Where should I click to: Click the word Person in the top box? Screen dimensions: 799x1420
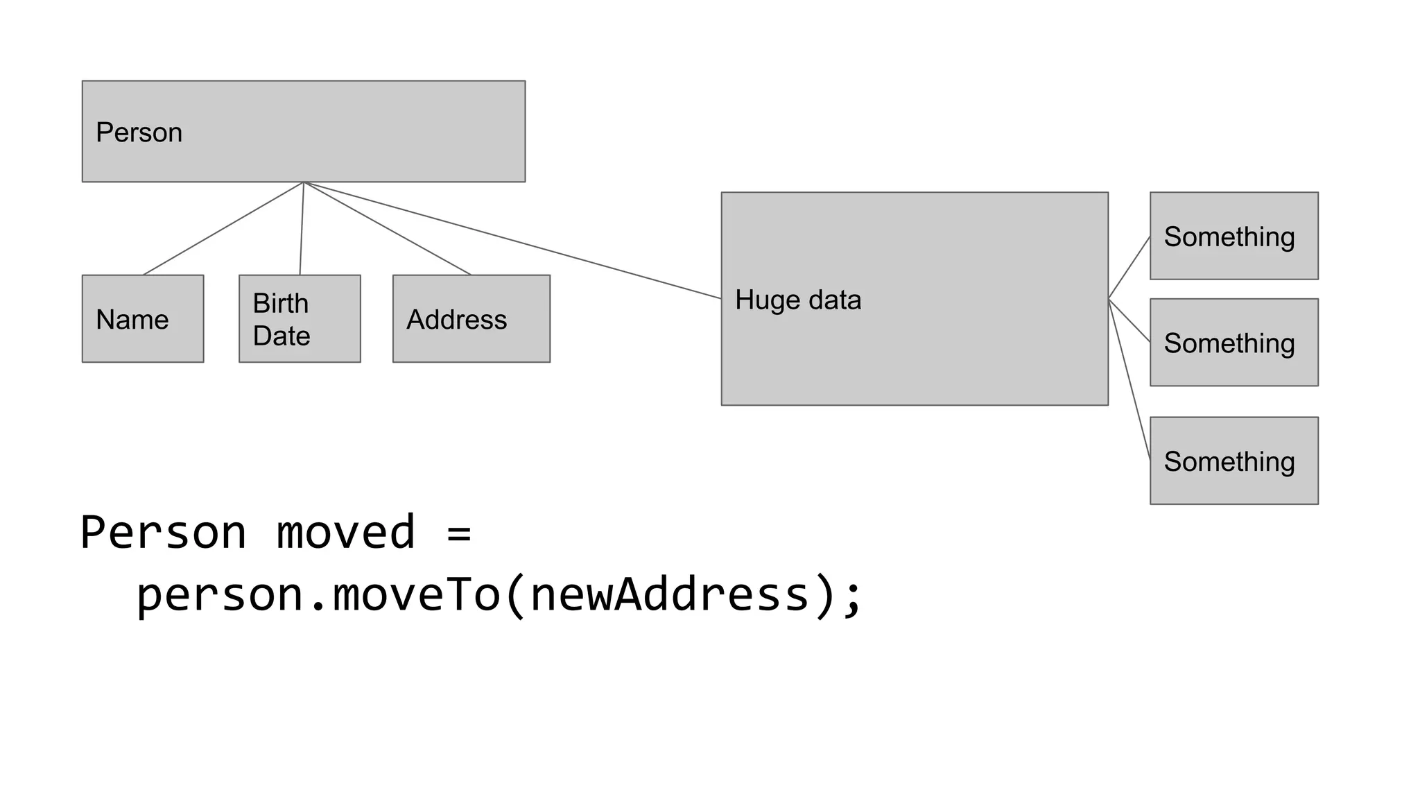pos(139,132)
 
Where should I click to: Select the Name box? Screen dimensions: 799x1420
pos(143,318)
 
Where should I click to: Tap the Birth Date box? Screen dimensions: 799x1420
pos(300,318)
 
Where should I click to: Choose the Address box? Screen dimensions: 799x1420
pos(471,318)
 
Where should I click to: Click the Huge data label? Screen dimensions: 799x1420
pos(798,300)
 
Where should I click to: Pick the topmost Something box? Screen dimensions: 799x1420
pos(1233,236)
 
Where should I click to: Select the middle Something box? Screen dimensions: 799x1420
pos(1233,342)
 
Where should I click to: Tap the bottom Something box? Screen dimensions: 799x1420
pos(1233,461)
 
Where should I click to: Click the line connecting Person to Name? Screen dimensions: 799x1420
pos(223,229)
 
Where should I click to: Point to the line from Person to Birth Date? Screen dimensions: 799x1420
pos(302,229)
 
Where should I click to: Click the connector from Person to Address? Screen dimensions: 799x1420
pos(387,229)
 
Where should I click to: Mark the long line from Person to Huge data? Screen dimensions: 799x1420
pos(513,241)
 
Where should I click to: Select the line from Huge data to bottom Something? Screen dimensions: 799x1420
pos(1129,380)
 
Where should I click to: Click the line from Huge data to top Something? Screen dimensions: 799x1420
pos(1129,267)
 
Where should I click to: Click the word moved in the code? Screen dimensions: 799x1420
pos(345,533)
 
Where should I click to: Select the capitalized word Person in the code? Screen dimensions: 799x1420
pos(163,533)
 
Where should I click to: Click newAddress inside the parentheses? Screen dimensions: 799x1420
pos(670,595)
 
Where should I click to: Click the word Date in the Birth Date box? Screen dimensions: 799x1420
pos(281,336)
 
